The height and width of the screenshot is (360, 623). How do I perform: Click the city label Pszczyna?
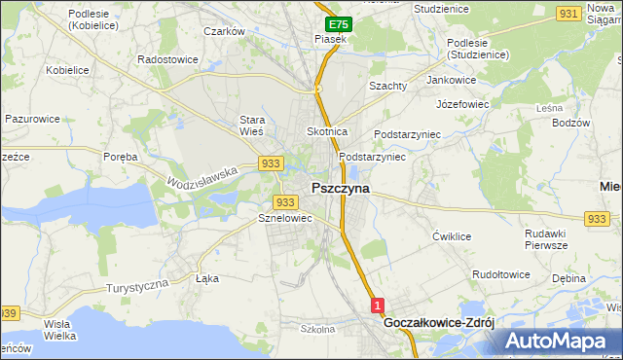(x=340, y=189)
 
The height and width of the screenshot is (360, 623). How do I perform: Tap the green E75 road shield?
(x=337, y=23)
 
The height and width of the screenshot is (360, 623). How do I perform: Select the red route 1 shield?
(x=379, y=306)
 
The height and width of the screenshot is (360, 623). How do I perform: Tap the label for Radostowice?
(x=168, y=59)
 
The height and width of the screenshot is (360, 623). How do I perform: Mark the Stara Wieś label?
(x=253, y=126)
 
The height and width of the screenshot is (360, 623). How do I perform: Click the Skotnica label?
(x=327, y=130)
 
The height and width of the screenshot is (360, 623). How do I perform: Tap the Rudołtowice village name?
(x=500, y=274)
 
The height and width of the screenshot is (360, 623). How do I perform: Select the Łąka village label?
(x=207, y=278)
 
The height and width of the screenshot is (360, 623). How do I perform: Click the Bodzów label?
(x=570, y=123)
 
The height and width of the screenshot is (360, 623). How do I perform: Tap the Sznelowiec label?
(x=284, y=219)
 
